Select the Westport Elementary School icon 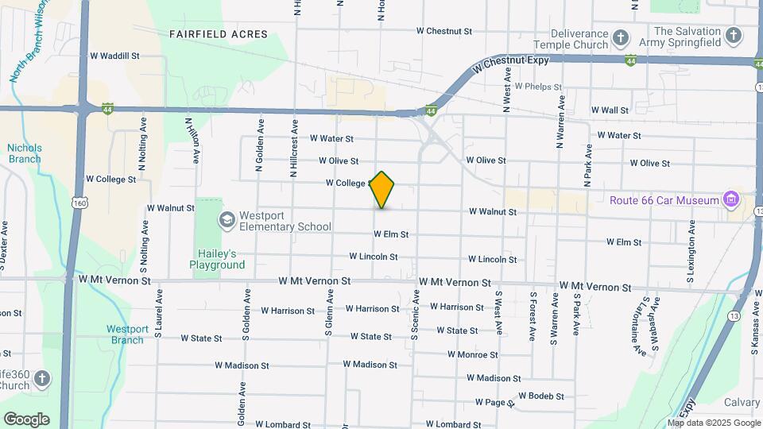227,219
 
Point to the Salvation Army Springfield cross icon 734,36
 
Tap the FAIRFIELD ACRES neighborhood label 219,34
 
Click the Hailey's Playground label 217,259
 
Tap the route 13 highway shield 734,315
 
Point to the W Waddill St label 114,56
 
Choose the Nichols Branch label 25,153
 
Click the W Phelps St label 539,87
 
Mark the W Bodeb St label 541,396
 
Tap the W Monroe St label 473,354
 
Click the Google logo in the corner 25,419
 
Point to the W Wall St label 610,110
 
